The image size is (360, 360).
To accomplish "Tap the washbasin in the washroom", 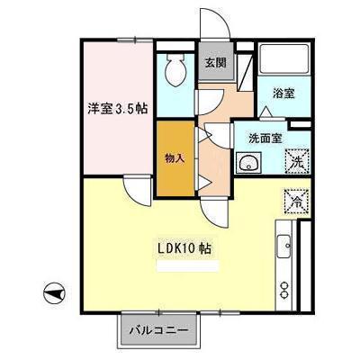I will pos(247,163).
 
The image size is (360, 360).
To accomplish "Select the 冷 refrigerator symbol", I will pos(296,199).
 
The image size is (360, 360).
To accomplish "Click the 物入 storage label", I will pos(175,158).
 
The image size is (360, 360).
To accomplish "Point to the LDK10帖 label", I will pos(185,246).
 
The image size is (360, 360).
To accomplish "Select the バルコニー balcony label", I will pos(157,329).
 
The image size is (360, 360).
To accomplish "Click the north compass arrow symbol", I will pos(52,292).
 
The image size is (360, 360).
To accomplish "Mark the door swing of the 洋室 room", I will pos(137,189).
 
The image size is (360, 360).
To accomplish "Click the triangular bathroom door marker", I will pos(266,111).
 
